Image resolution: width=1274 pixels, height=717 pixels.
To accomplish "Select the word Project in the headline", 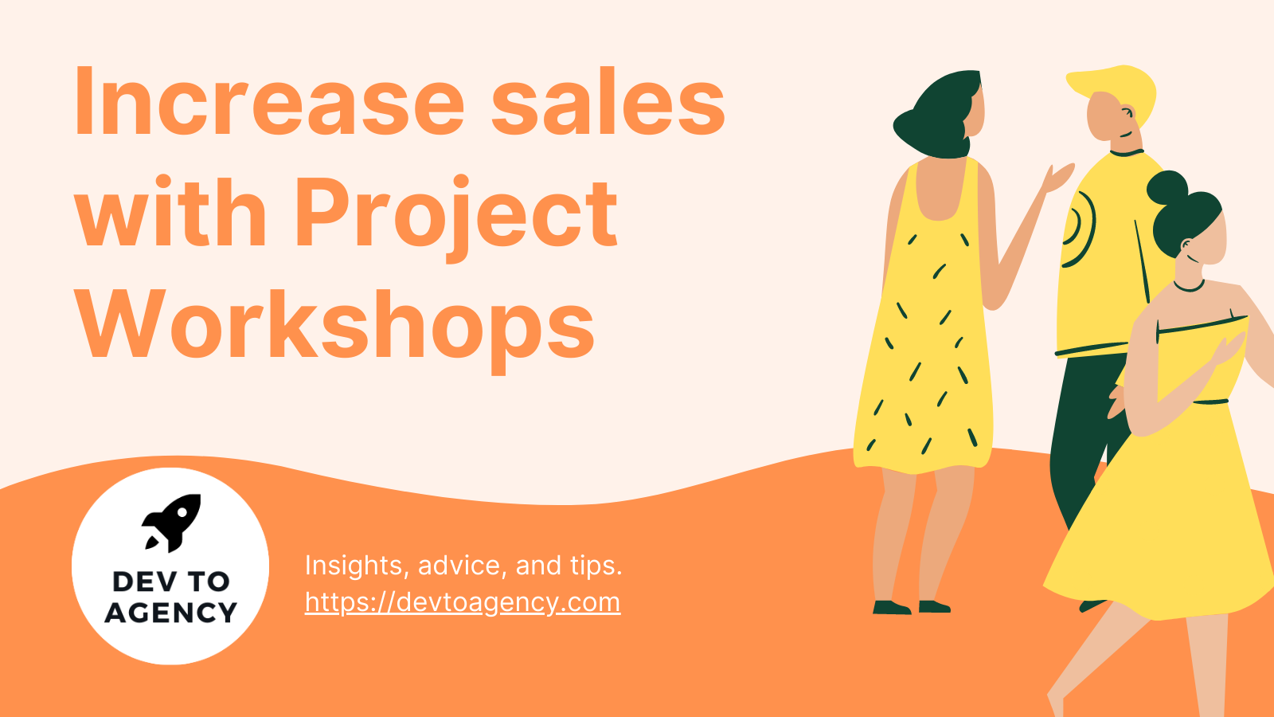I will (456, 214).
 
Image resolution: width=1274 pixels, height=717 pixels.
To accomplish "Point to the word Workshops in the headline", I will (334, 325).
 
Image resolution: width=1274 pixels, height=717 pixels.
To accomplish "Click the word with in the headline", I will (171, 214).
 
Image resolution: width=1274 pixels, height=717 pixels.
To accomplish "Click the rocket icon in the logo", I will (172, 522).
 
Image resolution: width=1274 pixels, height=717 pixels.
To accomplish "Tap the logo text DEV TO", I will (171, 582).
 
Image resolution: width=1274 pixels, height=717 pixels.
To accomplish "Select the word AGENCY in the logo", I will (171, 613).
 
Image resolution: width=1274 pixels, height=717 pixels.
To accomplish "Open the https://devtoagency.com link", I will (462, 602).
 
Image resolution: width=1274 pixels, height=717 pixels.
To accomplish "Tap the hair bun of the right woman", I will (1167, 188).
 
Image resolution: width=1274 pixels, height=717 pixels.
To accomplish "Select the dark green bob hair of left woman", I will (940, 116).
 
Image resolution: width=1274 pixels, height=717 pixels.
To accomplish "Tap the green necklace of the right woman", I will (1188, 287).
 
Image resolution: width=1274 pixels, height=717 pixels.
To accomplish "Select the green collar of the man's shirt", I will (1126, 151).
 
